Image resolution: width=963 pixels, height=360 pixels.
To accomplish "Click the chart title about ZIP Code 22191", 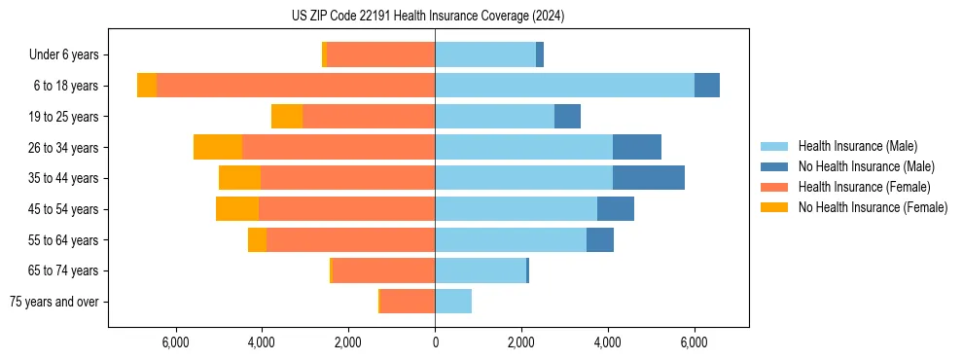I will point(428,17).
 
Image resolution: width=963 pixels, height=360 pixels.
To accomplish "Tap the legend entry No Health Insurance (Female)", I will point(873,207).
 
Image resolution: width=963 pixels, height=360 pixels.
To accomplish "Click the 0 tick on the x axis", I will point(435,343).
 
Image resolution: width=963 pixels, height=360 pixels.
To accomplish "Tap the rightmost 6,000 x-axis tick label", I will point(695,343).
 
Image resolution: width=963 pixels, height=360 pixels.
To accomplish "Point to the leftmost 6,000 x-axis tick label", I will point(175,343).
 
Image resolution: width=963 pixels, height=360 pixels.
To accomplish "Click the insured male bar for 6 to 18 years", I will point(564,86).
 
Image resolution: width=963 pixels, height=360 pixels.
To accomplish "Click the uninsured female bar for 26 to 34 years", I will point(218,147).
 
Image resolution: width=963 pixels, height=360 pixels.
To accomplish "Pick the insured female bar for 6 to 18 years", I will point(296,86).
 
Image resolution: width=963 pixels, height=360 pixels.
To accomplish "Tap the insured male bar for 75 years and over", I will point(453,302).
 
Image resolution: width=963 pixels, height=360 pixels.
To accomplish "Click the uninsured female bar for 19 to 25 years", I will point(287,117).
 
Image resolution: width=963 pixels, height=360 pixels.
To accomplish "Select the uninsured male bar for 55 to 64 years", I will point(600,239).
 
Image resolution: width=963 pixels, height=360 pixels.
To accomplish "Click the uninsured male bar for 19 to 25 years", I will point(567,117).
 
